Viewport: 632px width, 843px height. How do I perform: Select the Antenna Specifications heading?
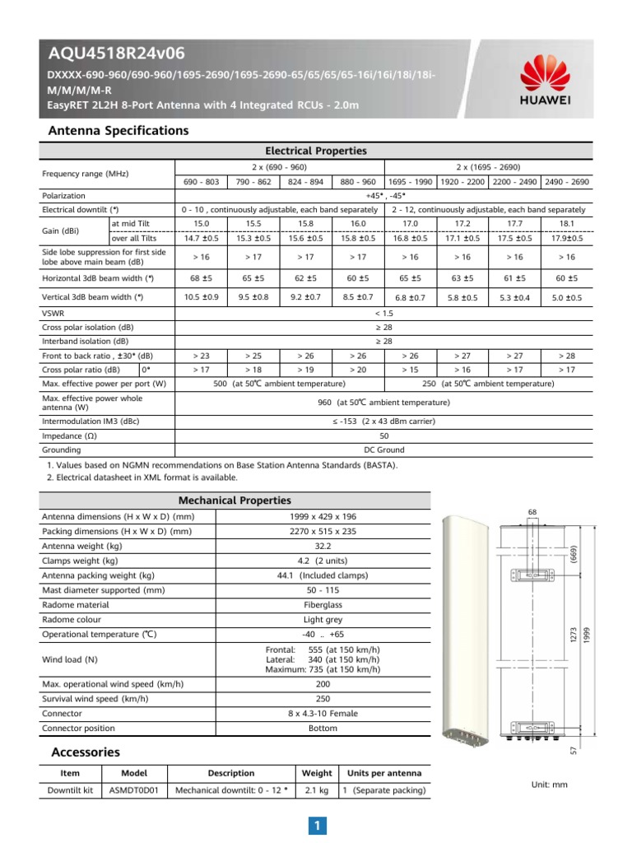tap(118, 131)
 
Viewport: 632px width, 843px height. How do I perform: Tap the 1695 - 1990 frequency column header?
tap(410, 181)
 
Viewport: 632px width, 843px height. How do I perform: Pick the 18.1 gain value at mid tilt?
tap(567, 223)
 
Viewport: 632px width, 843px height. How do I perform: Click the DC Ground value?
tap(383, 450)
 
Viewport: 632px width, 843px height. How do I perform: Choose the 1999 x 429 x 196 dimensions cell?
tap(323, 516)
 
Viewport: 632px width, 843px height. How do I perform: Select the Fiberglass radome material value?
tap(323, 605)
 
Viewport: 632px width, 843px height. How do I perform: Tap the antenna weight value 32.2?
tap(323, 546)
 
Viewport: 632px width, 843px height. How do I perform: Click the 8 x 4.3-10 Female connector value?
tap(323, 714)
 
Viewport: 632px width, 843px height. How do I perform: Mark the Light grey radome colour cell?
tap(323, 620)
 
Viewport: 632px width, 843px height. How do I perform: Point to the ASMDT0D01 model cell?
tap(133, 790)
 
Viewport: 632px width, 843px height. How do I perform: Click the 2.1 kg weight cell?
tap(317, 790)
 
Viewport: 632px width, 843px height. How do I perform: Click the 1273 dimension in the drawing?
tap(574, 634)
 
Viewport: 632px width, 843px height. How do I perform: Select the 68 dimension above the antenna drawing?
tap(532, 513)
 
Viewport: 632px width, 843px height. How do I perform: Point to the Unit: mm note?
tap(550, 785)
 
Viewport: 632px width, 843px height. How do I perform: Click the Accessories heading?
tap(85, 752)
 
